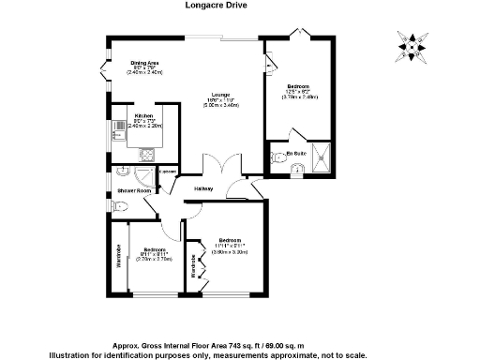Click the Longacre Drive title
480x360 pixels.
(240, 5)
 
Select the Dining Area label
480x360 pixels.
(145, 63)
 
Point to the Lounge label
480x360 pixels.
(219, 95)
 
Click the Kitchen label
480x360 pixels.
(143, 116)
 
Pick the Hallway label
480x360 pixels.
(203, 188)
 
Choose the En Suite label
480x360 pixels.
(298, 151)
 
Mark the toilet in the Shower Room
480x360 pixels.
(123, 172)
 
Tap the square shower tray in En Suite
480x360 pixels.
(322, 160)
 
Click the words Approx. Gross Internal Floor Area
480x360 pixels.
(178, 344)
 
